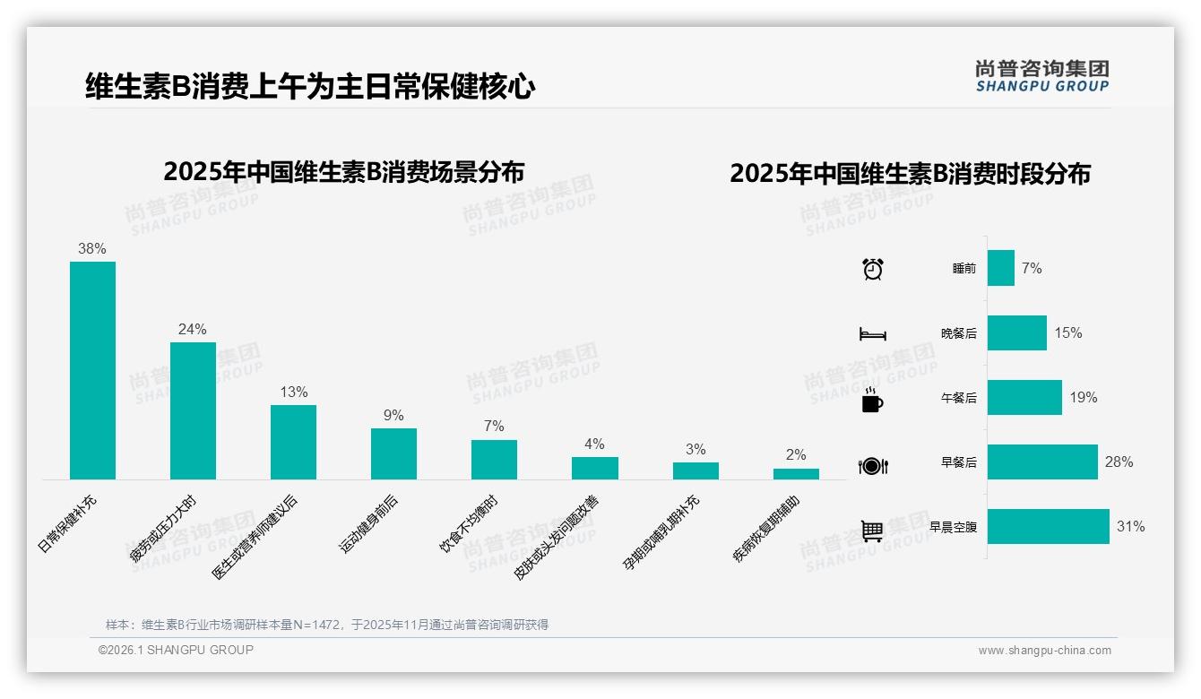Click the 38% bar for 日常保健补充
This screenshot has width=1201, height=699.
(x=92, y=370)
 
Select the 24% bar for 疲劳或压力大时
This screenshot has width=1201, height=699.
(x=193, y=410)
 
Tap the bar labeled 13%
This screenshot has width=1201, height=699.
(x=293, y=442)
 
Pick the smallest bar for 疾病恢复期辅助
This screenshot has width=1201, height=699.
(x=796, y=474)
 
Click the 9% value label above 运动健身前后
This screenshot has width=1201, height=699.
(x=393, y=416)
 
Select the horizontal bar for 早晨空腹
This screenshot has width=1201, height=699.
(x=1048, y=527)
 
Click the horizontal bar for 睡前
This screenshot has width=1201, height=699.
(x=1000, y=268)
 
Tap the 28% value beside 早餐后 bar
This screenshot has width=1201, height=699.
(x=1119, y=462)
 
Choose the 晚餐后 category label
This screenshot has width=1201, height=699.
(x=958, y=333)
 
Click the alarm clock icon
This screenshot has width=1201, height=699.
(x=872, y=269)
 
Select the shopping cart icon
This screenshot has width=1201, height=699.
(x=872, y=531)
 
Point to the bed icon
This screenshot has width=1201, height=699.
(x=872, y=334)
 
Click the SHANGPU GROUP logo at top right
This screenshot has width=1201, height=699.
(x=1041, y=76)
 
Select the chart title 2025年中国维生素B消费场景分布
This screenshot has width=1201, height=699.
(x=344, y=171)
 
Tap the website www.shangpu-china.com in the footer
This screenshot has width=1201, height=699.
(x=1044, y=651)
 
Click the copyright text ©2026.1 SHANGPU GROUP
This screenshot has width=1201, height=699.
(x=176, y=650)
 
